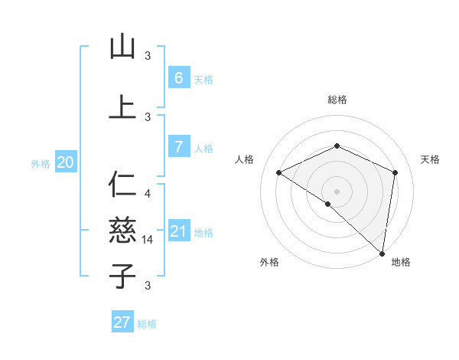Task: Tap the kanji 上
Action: [x=122, y=106]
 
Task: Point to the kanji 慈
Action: [x=122, y=229]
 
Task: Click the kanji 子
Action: [x=122, y=275]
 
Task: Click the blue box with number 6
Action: [x=178, y=78]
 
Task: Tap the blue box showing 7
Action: [x=178, y=147]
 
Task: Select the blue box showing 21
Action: [x=178, y=232]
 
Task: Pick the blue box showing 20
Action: [x=65, y=162]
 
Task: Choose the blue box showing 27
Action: [x=122, y=322]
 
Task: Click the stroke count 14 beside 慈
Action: [x=149, y=240]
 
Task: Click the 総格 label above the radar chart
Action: [x=337, y=100]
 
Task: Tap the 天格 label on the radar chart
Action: [x=430, y=159]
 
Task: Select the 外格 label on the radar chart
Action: [x=269, y=262]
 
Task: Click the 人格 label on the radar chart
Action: [x=244, y=159]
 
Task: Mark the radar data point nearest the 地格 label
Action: [x=382, y=254]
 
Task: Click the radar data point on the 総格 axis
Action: [x=337, y=146]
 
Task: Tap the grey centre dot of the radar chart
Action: [x=337, y=191]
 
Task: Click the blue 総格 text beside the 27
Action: [x=147, y=324]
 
